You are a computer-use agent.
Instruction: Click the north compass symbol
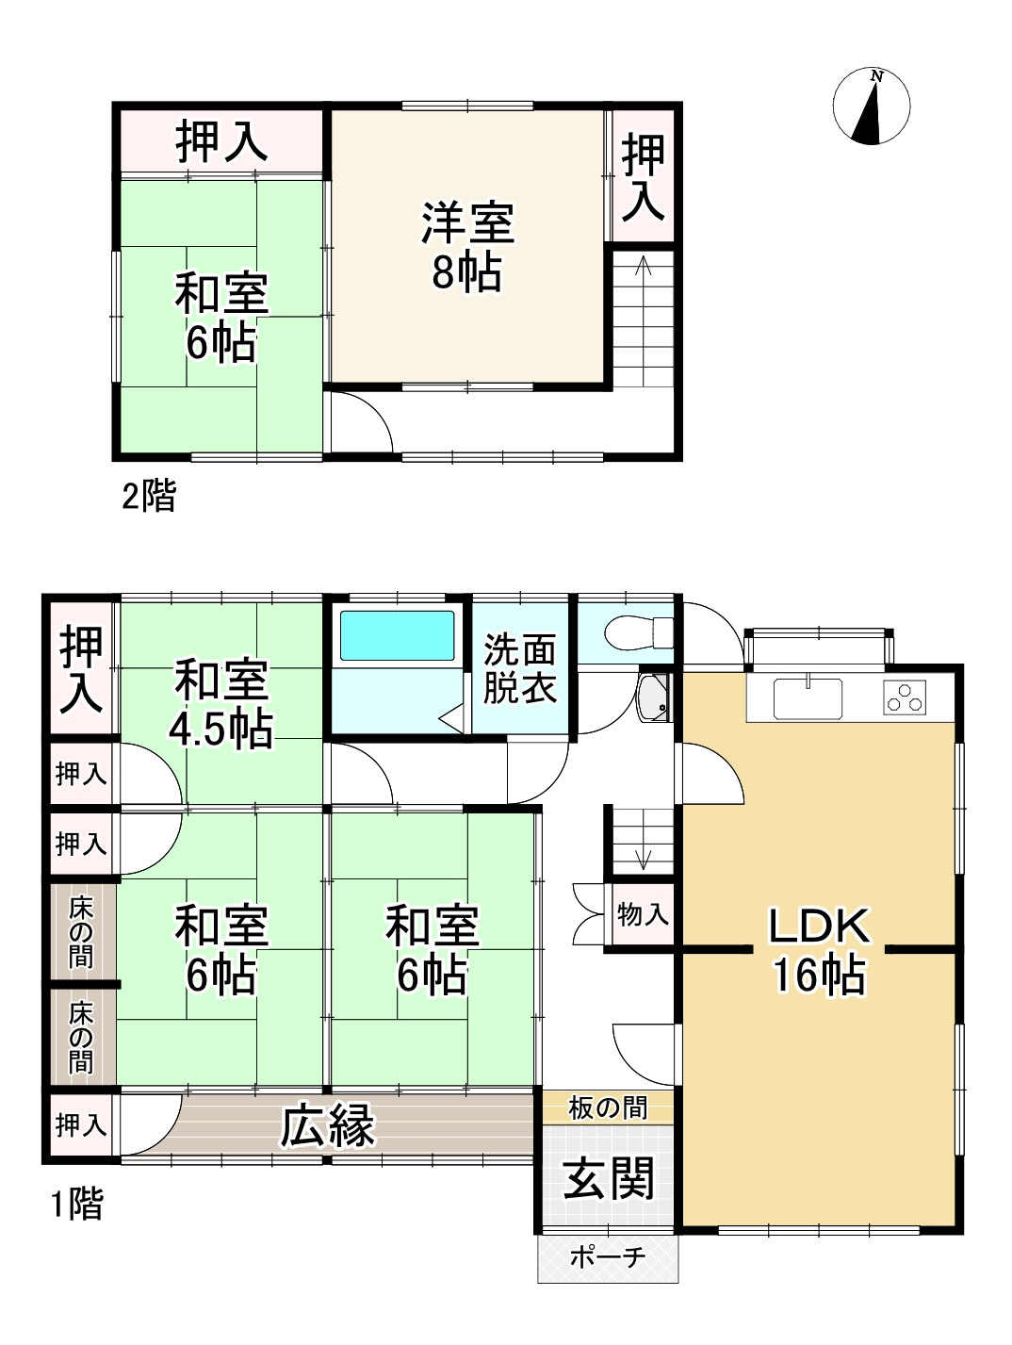click(x=872, y=106)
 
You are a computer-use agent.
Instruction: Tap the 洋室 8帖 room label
click(x=466, y=247)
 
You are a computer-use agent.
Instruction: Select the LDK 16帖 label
click(x=818, y=950)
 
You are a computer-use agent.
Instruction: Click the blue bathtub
click(x=397, y=636)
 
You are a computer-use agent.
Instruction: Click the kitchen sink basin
click(x=808, y=698)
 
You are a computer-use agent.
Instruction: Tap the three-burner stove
click(x=906, y=698)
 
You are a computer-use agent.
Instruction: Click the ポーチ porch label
click(x=608, y=1257)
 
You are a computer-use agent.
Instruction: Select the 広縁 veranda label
click(x=329, y=1125)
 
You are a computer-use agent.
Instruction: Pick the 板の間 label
click(x=608, y=1107)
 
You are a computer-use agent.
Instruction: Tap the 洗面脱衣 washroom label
click(x=520, y=668)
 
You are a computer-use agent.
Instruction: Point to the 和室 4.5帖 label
click(x=221, y=703)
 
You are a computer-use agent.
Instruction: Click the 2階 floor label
click(x=149, y=496)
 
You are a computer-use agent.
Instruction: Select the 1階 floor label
click(x=75, y=1204)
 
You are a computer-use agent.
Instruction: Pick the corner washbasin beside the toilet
click(x=652, y=697)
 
